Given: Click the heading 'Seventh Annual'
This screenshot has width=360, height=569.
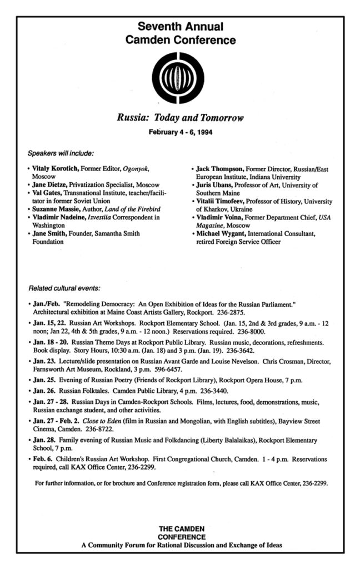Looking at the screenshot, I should click(180, 27).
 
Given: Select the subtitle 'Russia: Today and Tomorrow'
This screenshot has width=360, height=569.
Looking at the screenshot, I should click(180, 118).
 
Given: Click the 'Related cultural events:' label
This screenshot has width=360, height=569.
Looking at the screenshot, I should click(64, 288).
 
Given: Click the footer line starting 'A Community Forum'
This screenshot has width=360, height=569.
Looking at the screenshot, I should click(181, 545).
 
